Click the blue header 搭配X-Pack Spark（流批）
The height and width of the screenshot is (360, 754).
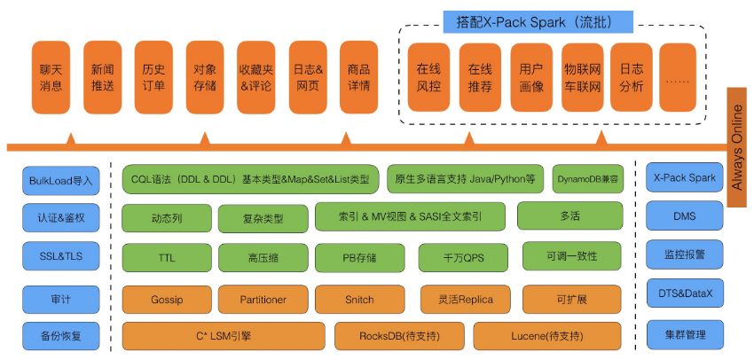coord(538,20)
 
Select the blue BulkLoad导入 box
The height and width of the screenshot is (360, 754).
coord(60,179)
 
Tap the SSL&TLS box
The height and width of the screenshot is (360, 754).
coord(60,256)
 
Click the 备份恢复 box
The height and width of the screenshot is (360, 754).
coord(60,335)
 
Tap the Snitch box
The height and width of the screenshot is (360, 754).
coord(359,299)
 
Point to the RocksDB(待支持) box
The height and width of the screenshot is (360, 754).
coord(400,335)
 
